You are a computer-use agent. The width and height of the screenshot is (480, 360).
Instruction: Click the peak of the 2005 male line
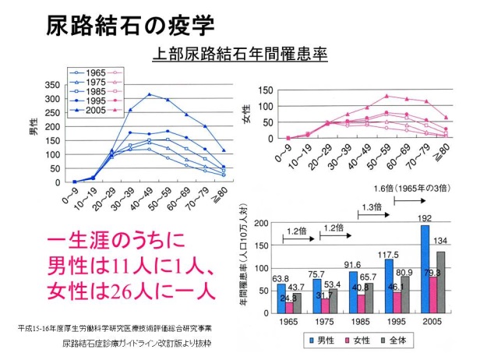click(x=149, y=94)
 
